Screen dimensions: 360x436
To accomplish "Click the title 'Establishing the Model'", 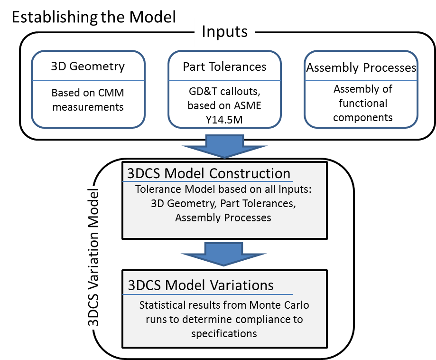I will click(x=93, y=18).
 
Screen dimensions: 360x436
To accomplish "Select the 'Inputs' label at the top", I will click(x=224, y=32).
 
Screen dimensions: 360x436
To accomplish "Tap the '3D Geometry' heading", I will click(x=88, y=66).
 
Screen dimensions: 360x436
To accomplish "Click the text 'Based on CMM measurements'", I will click(x=88, y=100).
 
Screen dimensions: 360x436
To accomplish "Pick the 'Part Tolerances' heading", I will click(x=225, y=67).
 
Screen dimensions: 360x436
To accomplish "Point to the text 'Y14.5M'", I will click(x=225, y=119).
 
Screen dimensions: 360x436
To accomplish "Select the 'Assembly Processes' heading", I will click(x=361, y=68).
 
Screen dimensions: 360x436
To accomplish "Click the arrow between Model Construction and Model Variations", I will click(x=224, y=254).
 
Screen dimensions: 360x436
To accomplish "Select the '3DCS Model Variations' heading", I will click(x=201, y=285).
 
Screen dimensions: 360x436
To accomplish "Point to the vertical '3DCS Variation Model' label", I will click(x=95, y=257).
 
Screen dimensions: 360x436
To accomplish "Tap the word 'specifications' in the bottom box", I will click(x=224, y=333).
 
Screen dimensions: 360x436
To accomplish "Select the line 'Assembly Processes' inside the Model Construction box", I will click(x=223, y=218).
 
